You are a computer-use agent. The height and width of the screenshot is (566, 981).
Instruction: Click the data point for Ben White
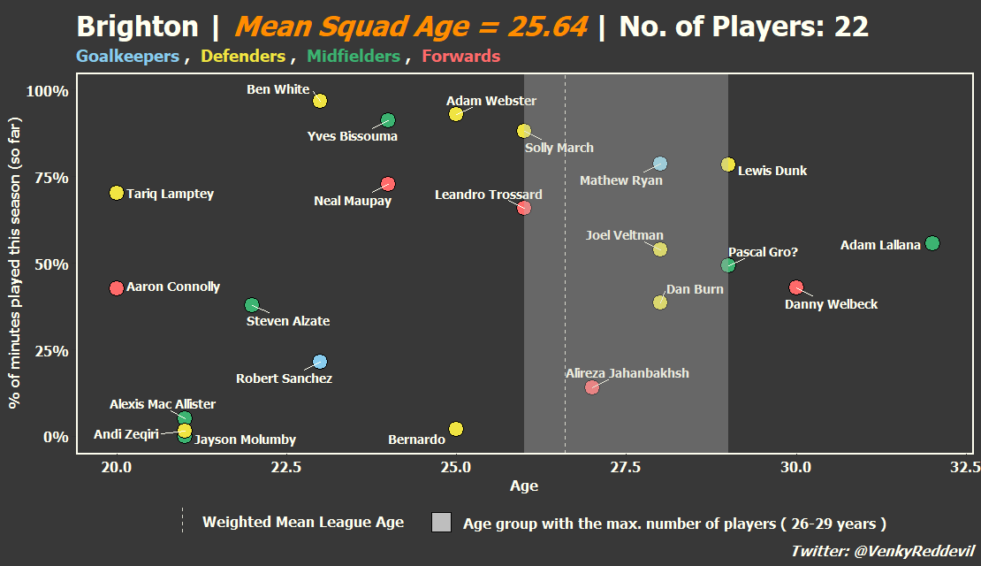coord(320,101)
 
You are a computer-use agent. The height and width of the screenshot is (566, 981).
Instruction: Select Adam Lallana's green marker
coord(932,243)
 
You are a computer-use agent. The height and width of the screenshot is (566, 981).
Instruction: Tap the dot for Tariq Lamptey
coord(117,193)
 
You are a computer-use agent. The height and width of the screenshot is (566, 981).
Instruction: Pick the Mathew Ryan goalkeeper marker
coord(660,164)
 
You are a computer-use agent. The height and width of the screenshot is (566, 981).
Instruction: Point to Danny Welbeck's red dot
coord(795,287)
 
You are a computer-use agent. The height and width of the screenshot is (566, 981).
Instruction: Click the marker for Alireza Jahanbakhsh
coord(592,387)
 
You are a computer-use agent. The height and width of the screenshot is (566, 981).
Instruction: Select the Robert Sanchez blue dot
coord(320,362)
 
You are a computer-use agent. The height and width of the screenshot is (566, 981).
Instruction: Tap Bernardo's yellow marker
coord(456,429)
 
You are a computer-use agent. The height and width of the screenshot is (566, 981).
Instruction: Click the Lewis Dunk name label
coord(772,171)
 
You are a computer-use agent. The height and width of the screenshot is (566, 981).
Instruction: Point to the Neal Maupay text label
coord(353,201)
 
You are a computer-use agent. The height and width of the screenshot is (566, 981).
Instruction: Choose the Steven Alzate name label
coord(288,321)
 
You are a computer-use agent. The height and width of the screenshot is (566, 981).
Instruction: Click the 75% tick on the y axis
coord(51,178)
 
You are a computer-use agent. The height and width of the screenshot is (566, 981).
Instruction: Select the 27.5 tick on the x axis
coord(626,467)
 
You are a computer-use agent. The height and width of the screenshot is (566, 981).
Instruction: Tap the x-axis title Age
coord(524,486)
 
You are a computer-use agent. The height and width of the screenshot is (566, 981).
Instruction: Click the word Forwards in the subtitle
coord(461,57)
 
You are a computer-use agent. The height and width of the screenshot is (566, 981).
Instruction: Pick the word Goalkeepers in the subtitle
coord(127,57)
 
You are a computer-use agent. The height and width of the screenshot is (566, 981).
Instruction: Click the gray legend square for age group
coord(441,522)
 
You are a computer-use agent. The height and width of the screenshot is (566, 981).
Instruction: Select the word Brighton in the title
coord(138,27)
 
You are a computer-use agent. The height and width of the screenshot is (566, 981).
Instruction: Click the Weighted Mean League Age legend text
coord(303,522)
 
